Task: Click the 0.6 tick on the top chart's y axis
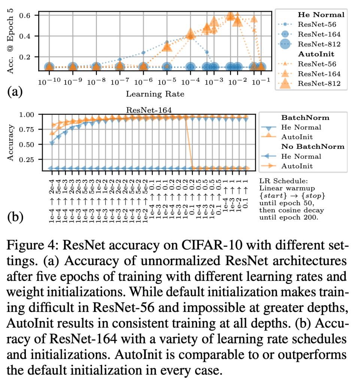pos(30,15)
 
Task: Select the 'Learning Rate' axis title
pos(155,94)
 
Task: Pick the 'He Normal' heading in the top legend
pos(321,15)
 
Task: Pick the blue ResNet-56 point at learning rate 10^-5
pos(167,42)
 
